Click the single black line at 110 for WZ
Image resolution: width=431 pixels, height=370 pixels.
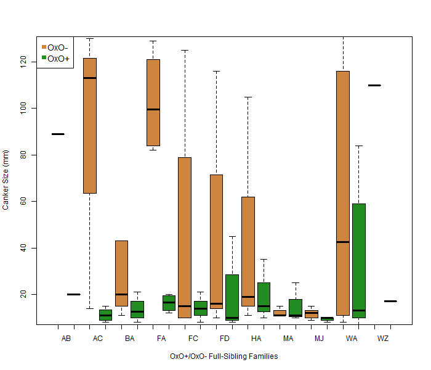pyautogui.click(x=374, y=86)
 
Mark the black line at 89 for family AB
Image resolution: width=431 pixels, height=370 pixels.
pyautogui.click(x=58, y=134)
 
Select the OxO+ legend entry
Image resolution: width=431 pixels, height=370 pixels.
pyautogui.click(x=57, y=58)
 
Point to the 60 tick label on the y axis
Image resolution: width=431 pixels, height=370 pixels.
pyautogui.click(x=25, y=202)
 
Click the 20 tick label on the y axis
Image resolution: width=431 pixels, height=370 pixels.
pyautogui.click(x=25, y=295)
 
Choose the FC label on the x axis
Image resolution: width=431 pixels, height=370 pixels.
pyautogui.click(x=193, y=339)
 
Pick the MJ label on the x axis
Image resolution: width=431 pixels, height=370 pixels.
pyautogui.click(x=319, y=339)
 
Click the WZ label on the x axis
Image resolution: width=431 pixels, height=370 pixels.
pyautogui.click(x=382, y=339)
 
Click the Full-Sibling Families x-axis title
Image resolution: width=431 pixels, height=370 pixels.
pyautogui.click(x=224, y=356)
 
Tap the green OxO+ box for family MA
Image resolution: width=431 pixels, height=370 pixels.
pyautogui.click(x=296, y=308)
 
